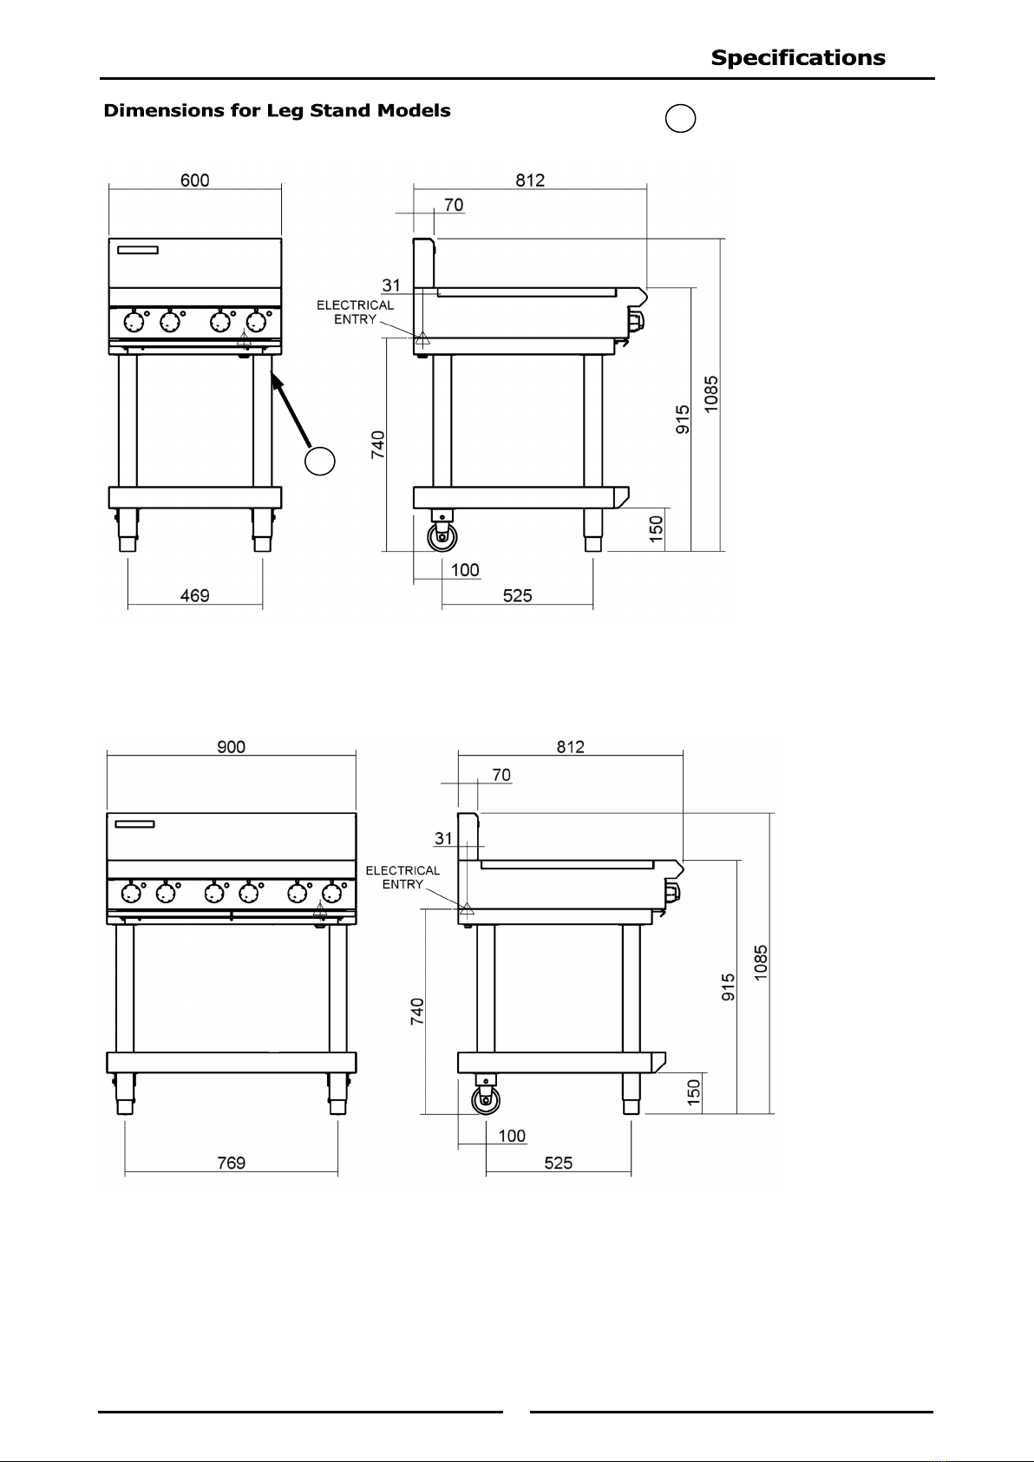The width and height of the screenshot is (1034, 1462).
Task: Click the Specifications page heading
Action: [x=798, y=58]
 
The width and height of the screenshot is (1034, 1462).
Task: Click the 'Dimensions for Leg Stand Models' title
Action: [x=277, y=111]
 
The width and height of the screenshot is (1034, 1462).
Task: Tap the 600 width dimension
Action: [x=194, y=180]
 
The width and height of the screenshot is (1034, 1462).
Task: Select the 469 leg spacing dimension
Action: [x=194, y=595]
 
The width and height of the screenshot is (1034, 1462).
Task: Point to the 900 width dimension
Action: [x=231, y=747]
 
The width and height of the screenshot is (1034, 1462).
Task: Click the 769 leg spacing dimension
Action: [x=231, y=1163]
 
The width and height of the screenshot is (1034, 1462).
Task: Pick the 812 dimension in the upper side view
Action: [x=530, y=180]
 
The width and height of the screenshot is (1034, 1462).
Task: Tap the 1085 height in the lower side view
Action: [x=760, y=962]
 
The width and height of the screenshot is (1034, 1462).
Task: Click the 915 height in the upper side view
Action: [x=683, y=420]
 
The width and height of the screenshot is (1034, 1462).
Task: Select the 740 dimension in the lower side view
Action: [x=417, y=1012]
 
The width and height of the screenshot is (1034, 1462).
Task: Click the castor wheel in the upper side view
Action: [x=443, y=538]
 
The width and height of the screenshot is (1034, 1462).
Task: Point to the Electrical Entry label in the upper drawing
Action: [x=355, y=312]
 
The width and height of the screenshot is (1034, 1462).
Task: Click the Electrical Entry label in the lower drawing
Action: [x=402, y=877]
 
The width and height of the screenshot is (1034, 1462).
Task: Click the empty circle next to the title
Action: [x=681, y=119]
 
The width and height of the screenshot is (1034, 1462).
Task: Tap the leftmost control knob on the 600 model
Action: [x=134, y=323]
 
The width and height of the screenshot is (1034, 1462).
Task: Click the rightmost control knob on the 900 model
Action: [x=330, y=892]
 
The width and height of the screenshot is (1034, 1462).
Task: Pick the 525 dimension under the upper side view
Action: [x=517, y=595]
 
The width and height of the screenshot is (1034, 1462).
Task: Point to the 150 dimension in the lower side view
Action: [x=693, y=1092]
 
